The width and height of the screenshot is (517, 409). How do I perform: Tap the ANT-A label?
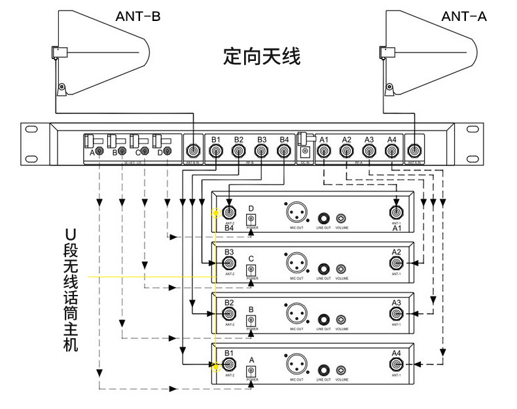tap(464, 16)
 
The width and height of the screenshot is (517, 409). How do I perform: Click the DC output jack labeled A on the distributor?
tap(99, 152)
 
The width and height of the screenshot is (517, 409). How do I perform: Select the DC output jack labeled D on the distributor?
tap(168, 152)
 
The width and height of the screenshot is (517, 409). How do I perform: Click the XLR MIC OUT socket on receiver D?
tap(295, 212)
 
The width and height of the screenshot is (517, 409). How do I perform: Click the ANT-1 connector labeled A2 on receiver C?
tap(397, 264)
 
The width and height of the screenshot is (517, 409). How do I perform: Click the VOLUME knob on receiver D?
tap(341, 218)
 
